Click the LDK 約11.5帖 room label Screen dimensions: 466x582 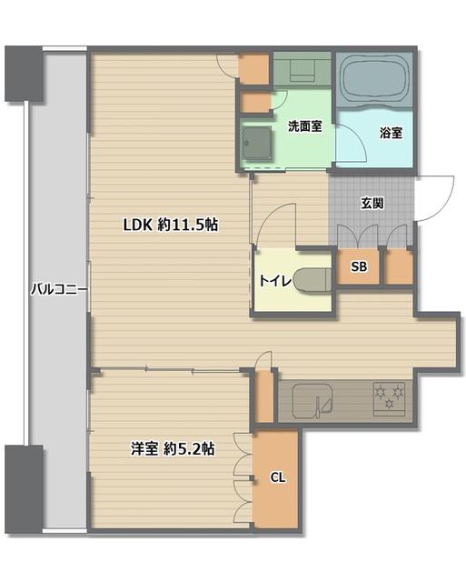tap(170, 225)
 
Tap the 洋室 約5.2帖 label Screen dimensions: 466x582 tap(173, 449)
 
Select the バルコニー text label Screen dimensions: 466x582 tap(59, 289)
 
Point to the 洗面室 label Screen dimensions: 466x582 tap(305, 126)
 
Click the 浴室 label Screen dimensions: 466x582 tap(392, 133)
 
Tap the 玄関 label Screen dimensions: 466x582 tap(372, 203)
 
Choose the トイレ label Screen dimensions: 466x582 tap(275, 281)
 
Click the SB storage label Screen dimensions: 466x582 tap(359, 266)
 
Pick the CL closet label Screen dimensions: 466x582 tap(278, 477)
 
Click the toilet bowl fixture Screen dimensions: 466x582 tap(312, 279)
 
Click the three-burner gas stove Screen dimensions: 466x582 tap(389, 398)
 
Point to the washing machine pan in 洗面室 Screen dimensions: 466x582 tap(256, 143)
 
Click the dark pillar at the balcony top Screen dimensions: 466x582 tap(24, 74)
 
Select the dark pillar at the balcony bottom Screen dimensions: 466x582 tap(24, 489)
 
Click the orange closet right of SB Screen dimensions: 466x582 tap(399, 266)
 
